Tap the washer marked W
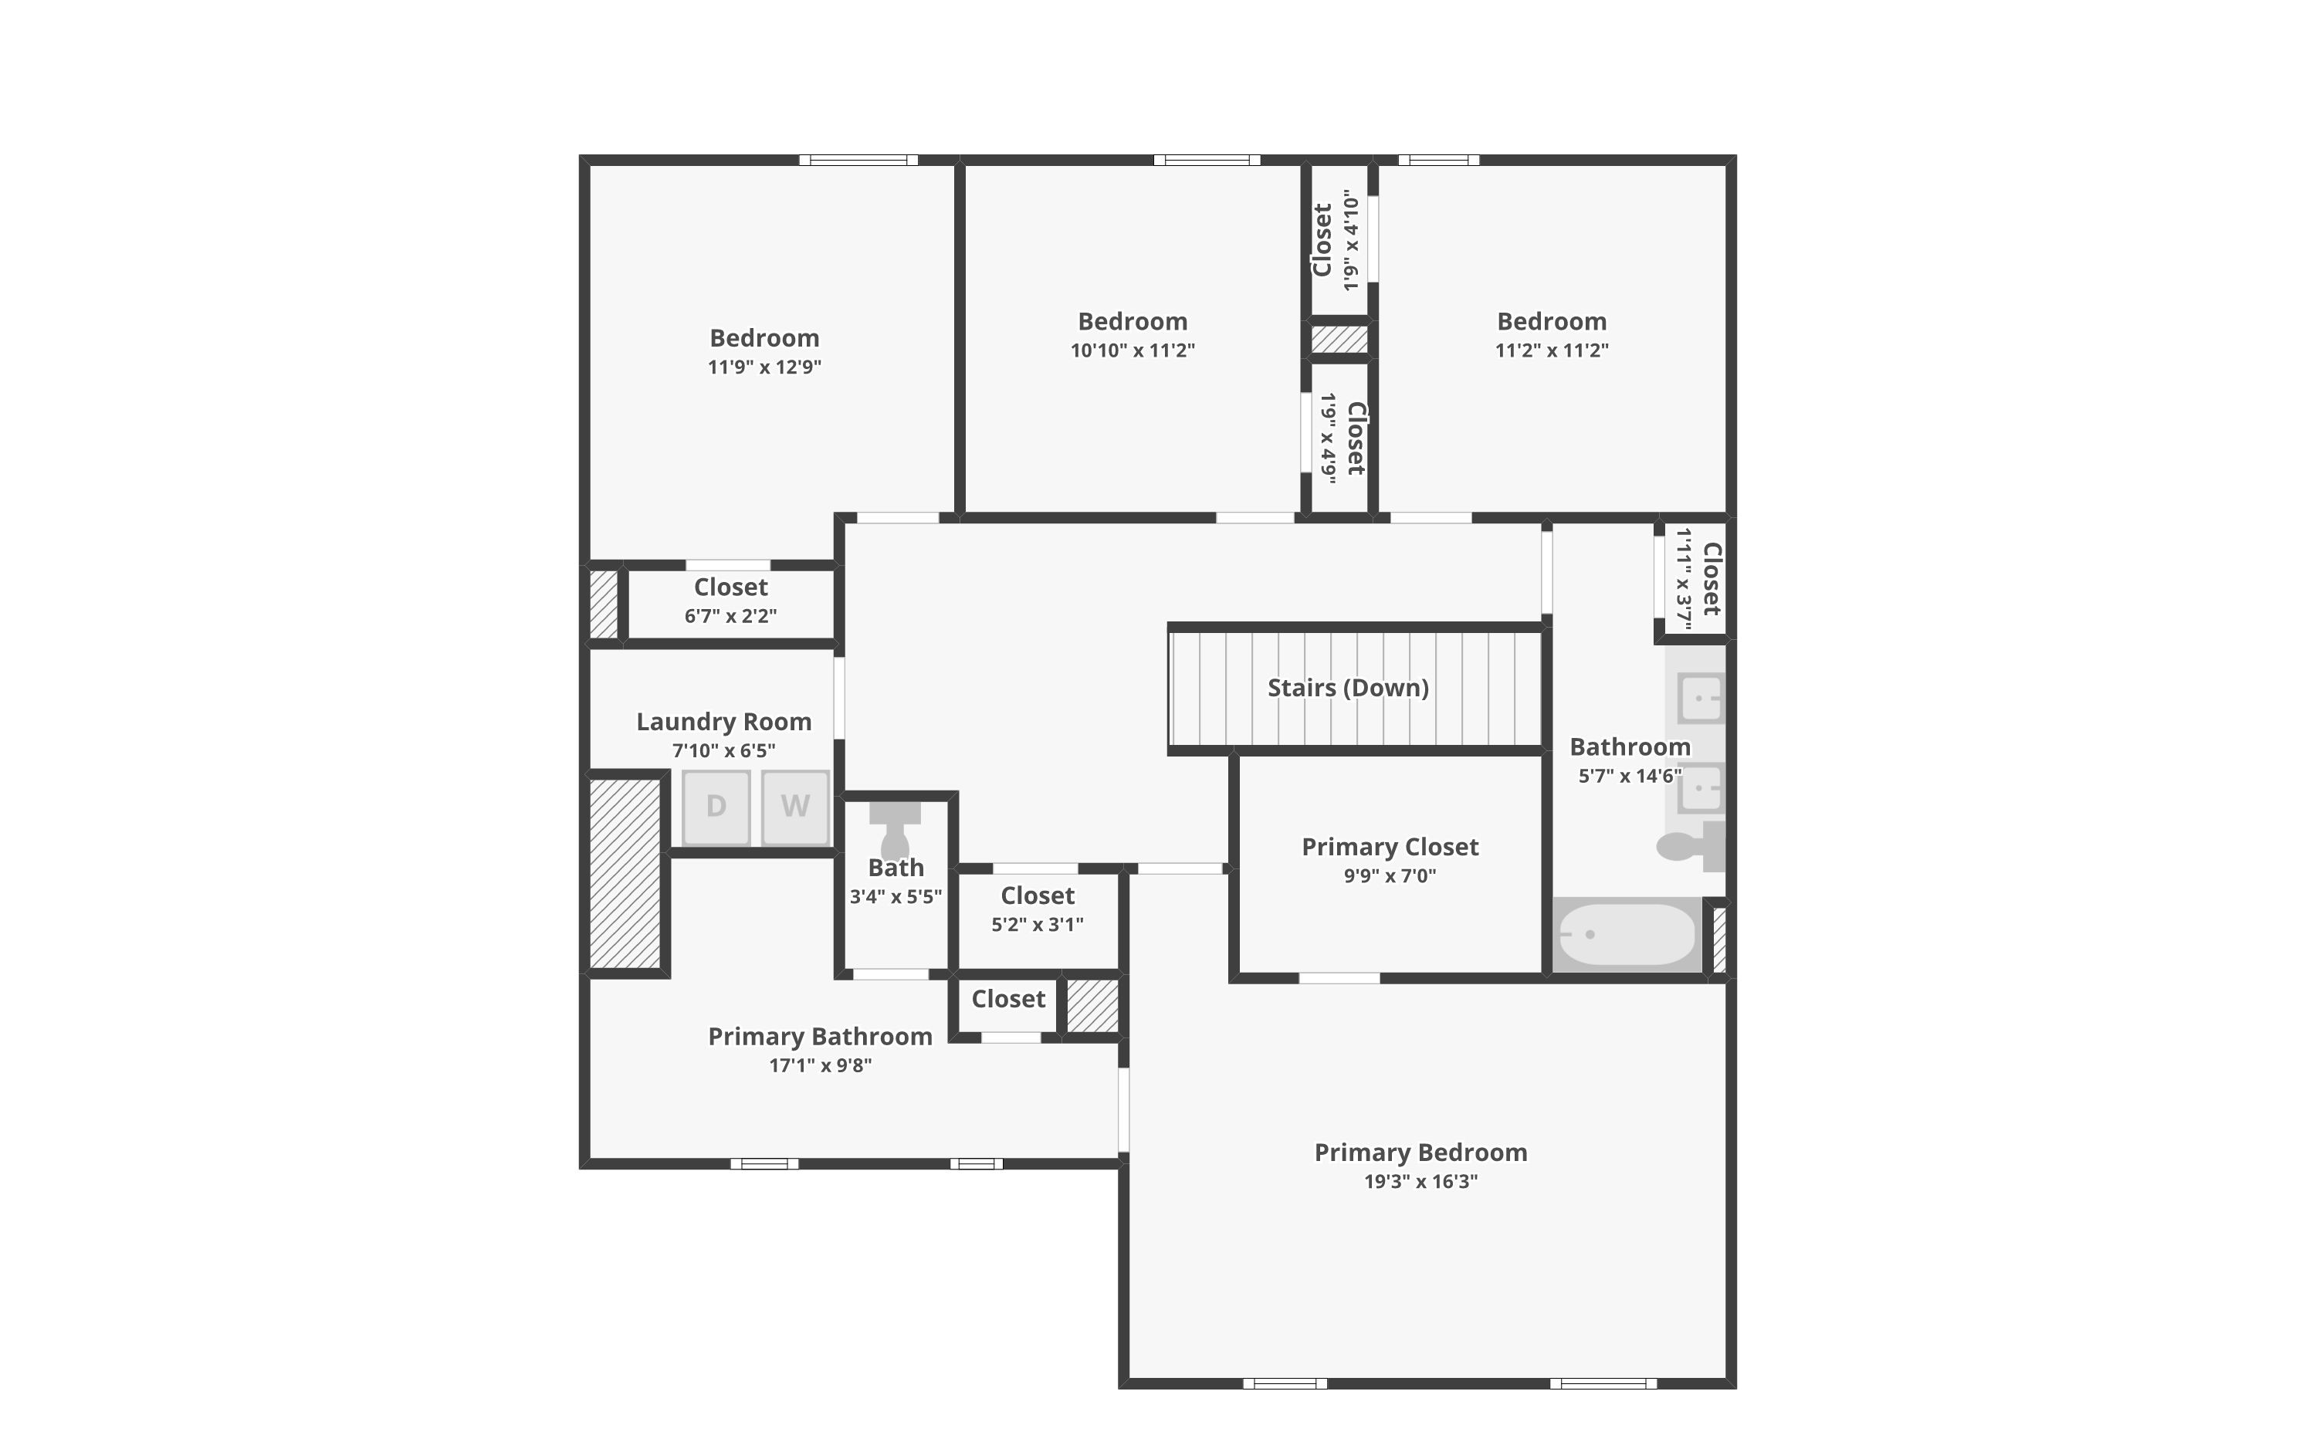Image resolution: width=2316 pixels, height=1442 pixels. click(795, 807)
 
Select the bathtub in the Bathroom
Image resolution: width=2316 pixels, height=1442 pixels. click(1627, 935)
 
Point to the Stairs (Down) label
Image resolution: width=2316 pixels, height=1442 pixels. click(1347, 688)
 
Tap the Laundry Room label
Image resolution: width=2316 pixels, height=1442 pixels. click(723, 722)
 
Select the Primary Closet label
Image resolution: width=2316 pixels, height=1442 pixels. click(1390, 847)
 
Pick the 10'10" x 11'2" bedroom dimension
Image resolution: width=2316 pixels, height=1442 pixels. click(1132, 350)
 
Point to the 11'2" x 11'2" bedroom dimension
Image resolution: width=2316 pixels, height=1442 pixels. click(1551, 350)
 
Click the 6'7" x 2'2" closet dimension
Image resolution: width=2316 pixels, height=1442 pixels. click(730, 616)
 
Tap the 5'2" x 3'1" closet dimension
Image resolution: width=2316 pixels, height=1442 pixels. click(1038, 924)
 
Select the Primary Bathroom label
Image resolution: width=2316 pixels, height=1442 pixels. click(820, 1037)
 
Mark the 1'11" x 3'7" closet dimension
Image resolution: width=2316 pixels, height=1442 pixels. click(1684, 579)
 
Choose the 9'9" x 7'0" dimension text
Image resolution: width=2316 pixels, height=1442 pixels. click(1390, 875)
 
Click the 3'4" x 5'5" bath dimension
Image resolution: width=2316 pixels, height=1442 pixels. click(896, 896)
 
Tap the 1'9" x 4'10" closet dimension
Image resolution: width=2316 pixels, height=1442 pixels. click(1350, 240)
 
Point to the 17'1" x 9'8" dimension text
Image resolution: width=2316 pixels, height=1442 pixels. click(820, 1065)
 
